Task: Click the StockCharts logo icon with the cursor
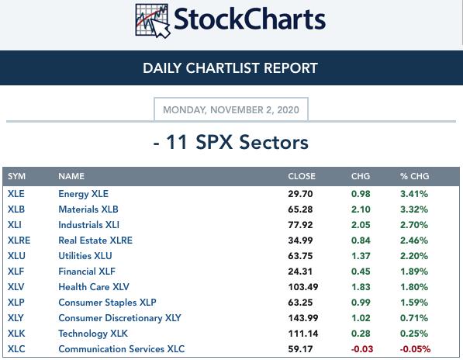[x=153, y=21]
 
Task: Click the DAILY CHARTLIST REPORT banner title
[x=230, y=68]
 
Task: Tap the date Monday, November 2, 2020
[x=231, y=110]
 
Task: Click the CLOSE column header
[x=302, y=176]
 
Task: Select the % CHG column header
[x=414, y=176]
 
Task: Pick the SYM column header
[x=16, y=176]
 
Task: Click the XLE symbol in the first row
[x=16, y=194]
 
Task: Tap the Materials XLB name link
[x=88, y=209]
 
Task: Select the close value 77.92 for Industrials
[x=300, y=225]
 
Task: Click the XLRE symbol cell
[x=19, y=241]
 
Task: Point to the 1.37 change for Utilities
[x=361, y=256]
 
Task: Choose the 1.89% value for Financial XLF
[x=414, y=272]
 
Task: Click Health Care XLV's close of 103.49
[x=303, y=287]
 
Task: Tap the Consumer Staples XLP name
[x=107, y=303]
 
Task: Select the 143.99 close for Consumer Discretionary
[x=303, y=318]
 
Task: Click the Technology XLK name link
[x=93, y=334]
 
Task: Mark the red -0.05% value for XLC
[x=415, y=349]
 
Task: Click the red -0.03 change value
[x=362, y=349]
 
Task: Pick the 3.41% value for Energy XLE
[x=414, y=194]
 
